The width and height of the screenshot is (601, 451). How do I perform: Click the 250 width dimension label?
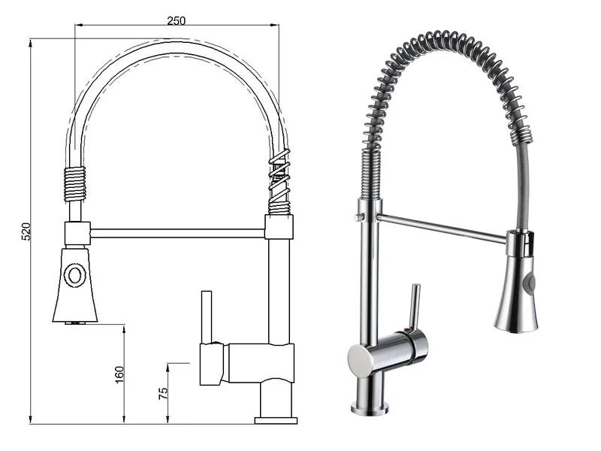(x=177, y=20)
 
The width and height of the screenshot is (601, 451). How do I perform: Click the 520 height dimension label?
(x=24, y=232)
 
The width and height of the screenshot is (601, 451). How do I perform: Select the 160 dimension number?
(x=119, y=374)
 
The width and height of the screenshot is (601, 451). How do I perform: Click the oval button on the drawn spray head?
(x=74, y=274)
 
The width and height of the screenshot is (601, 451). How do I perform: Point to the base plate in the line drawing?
(x=276, y=417)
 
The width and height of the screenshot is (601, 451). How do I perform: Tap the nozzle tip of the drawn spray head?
(x=74, y=322)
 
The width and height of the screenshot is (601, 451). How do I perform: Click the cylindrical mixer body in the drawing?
(x=248, y=363)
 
